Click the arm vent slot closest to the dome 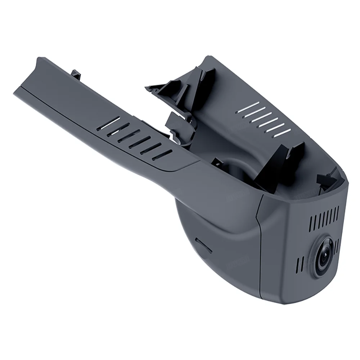(162, 154)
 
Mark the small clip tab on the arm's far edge (76, 74)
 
